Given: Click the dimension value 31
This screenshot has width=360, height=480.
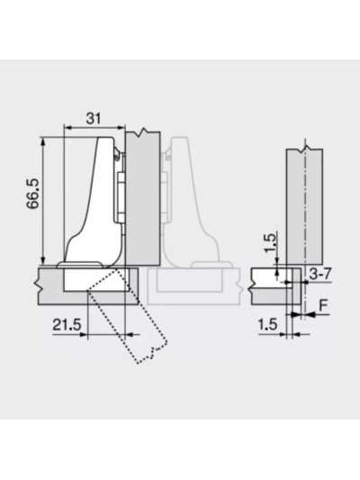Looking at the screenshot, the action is (x=94, y=118).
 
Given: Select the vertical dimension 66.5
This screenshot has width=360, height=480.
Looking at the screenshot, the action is (x=33, y=194).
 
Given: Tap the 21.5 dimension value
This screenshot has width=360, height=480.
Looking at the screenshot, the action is (x=67, y=325).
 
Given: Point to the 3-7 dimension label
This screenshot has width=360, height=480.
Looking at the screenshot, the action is (x=319, y=274).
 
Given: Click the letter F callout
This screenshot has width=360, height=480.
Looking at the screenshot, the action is (x=323, y=306).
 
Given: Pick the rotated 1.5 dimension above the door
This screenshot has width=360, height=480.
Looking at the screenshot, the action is (x=270, y=242).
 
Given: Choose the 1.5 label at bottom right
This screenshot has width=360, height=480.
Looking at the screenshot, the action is (x=267, y=325).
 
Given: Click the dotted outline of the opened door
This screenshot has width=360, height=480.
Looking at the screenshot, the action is (x=128, y=315).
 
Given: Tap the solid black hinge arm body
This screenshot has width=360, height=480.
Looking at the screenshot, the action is (x=90, y=202).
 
